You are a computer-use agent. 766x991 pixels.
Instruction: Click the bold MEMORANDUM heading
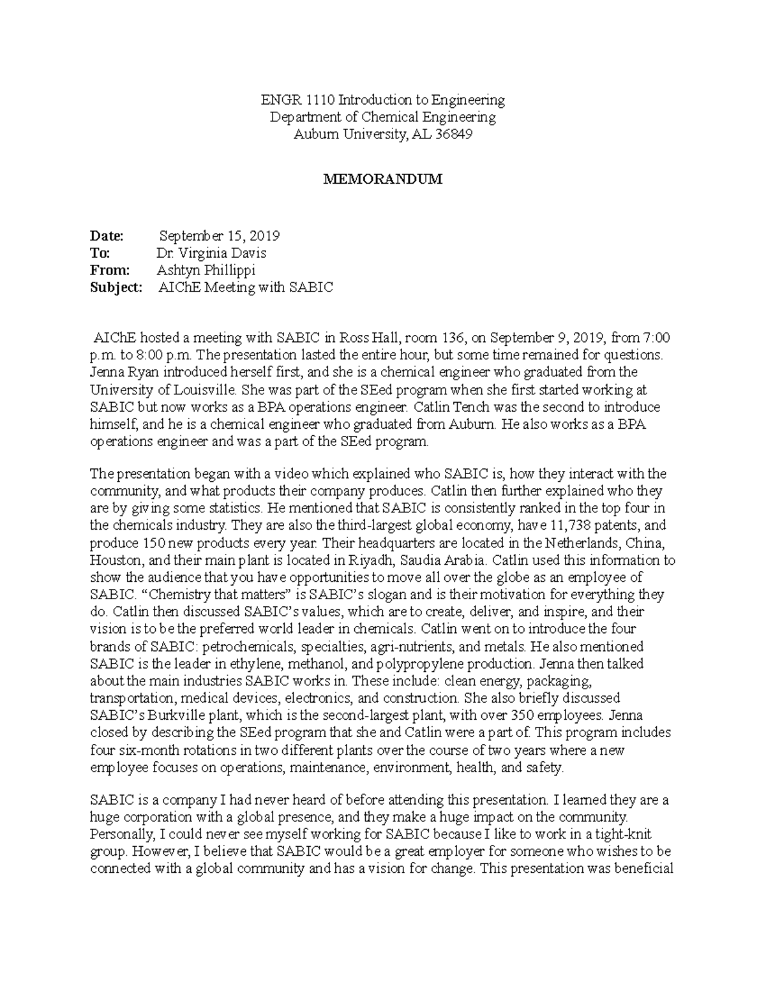coord(382,179)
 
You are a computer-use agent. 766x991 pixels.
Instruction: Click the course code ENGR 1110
coord(297,100)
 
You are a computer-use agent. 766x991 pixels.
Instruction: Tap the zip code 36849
coord(453,135)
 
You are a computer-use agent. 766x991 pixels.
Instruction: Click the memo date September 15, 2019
coord(219,235)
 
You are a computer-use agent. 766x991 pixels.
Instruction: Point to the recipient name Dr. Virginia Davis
coord(207,253)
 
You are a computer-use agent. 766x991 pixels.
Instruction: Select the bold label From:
coord(110,270)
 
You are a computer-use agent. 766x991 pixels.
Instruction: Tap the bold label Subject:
coord(116,287)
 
